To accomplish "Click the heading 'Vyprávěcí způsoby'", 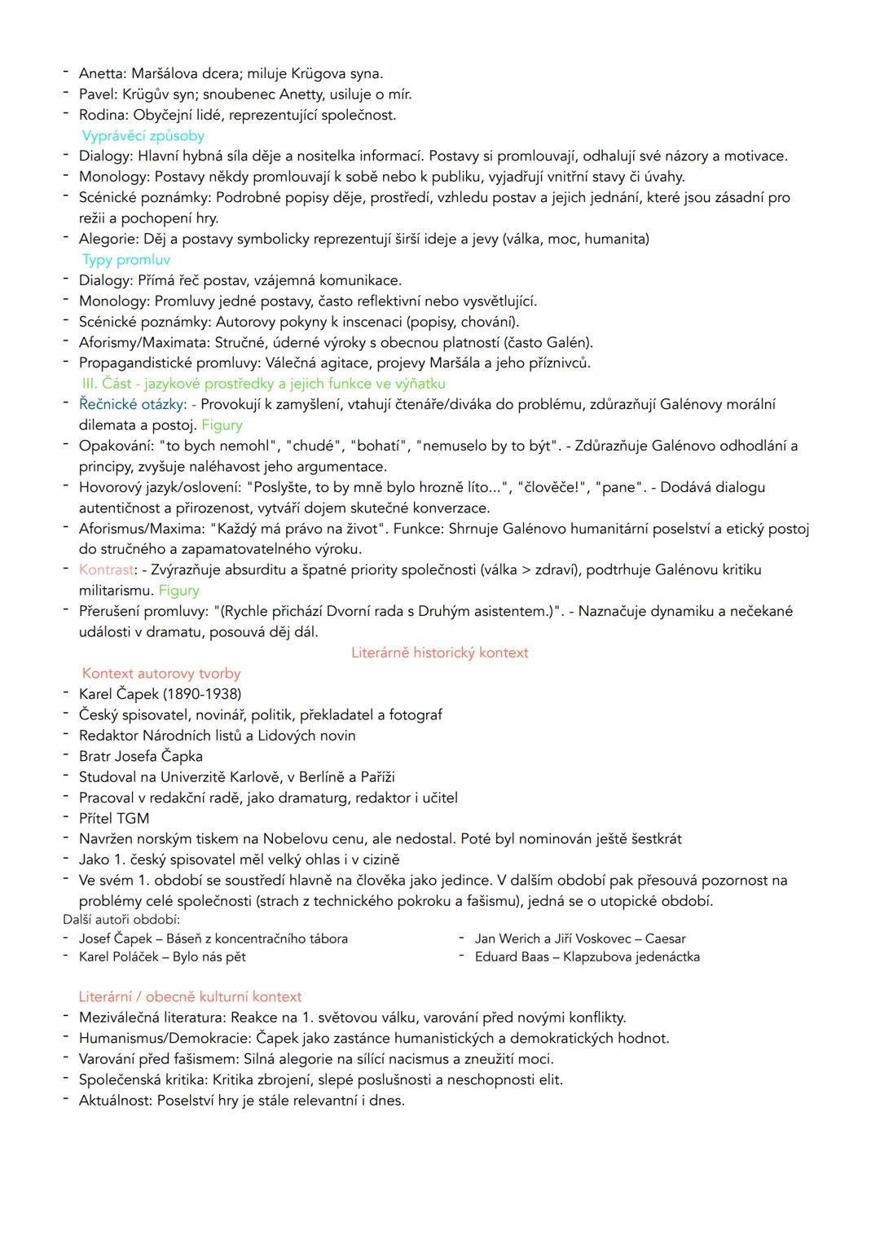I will coord(143,136).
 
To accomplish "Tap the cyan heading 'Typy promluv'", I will coord(126,260).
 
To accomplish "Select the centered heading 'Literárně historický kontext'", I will coord(439,653).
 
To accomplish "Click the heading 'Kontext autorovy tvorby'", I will coord(161,674).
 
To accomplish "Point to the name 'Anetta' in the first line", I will coord(101,74).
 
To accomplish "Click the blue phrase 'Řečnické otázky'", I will coord(132,404).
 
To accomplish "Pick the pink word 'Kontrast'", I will coord(106,569).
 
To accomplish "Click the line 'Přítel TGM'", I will coord(114,818).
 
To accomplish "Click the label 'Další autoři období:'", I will coord(121,919).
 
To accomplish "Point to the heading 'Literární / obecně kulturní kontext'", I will coord(190,996).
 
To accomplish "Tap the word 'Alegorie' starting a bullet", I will coord(108,239).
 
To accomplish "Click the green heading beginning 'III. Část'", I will coord(263,384).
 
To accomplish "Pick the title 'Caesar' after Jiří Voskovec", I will coord(665,938).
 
